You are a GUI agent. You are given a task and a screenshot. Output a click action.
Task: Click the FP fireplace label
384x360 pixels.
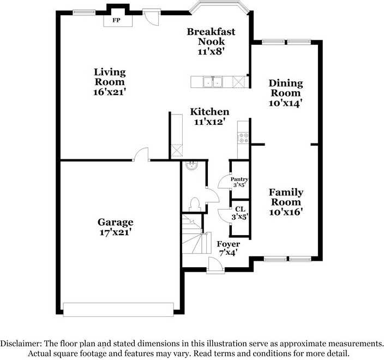pos(116,20)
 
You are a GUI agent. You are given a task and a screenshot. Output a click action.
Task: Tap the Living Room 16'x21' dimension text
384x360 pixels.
pos(110,92)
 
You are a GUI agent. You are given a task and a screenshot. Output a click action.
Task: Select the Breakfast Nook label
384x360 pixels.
pos(211,37)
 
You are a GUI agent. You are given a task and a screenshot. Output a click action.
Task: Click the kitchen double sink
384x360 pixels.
pos(213,82)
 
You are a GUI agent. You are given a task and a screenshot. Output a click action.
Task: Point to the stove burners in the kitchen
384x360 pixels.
pos(244,137)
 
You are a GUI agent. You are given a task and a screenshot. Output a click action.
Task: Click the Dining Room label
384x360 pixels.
pos(286,88)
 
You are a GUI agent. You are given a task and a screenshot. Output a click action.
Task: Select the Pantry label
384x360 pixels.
pos(239,179)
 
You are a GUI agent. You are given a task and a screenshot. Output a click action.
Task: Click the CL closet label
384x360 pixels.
pos(240,209)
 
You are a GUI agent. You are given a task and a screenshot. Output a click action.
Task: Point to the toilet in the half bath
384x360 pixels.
pos(195,205)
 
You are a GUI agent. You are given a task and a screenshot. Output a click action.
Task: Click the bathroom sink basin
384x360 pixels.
pos(192,166)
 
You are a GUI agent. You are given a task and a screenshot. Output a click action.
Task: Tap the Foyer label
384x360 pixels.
pos(228,244)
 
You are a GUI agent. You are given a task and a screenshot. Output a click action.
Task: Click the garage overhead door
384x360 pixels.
pos(118,310)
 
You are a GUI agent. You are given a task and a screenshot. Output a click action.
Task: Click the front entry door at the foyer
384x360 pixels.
pos(215,265)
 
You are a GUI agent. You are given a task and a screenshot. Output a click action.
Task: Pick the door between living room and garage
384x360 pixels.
pos(141,154)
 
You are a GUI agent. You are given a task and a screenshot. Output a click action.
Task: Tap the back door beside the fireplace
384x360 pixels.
pos(152,17)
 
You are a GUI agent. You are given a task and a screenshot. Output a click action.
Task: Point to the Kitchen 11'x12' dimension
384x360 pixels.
pos(209,122)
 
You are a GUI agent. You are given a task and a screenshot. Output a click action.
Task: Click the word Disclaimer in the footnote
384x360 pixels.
pos(21,343)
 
